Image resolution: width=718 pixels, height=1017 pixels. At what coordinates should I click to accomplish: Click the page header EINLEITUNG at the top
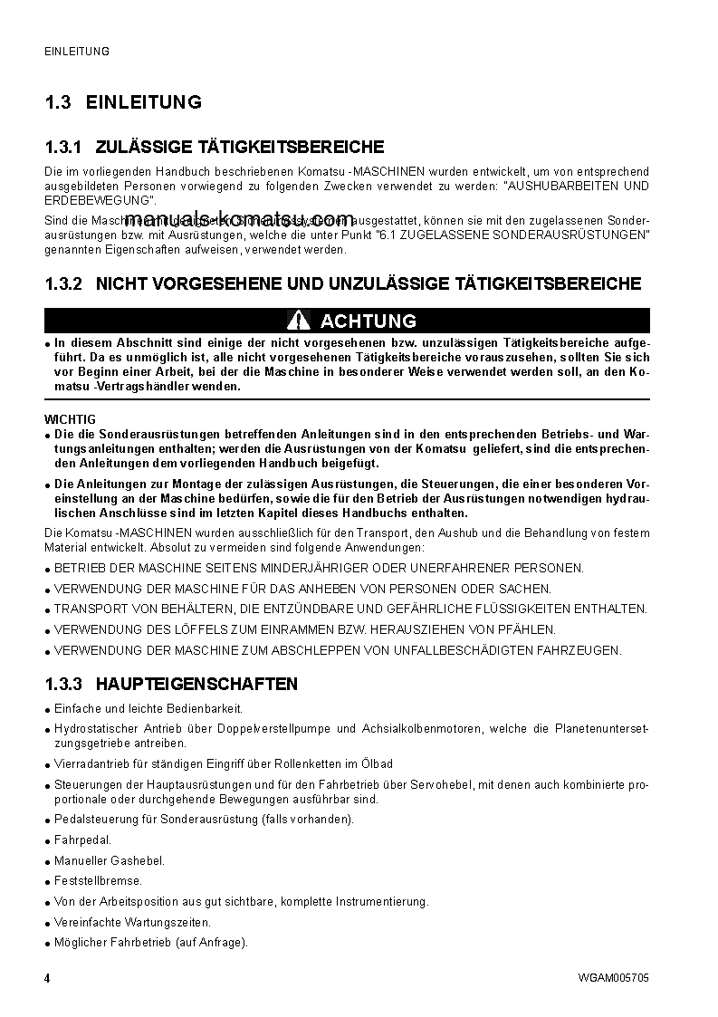77,52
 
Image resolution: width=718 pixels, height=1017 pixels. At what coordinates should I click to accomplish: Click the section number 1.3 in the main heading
58,102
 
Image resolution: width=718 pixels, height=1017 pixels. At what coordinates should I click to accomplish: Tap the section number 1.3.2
63,284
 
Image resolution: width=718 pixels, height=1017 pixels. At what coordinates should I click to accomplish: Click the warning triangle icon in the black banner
299,321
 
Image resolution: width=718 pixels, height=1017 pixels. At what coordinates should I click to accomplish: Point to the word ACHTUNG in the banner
369,321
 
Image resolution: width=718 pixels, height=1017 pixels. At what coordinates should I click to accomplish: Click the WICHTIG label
70,419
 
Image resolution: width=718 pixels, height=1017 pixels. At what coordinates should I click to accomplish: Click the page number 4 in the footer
47,979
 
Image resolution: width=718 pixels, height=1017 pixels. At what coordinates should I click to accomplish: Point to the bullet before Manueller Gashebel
47,861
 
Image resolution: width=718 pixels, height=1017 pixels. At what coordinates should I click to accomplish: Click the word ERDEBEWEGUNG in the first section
95,200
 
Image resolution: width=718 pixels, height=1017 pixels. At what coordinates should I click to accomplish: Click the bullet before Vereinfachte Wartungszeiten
47,923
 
